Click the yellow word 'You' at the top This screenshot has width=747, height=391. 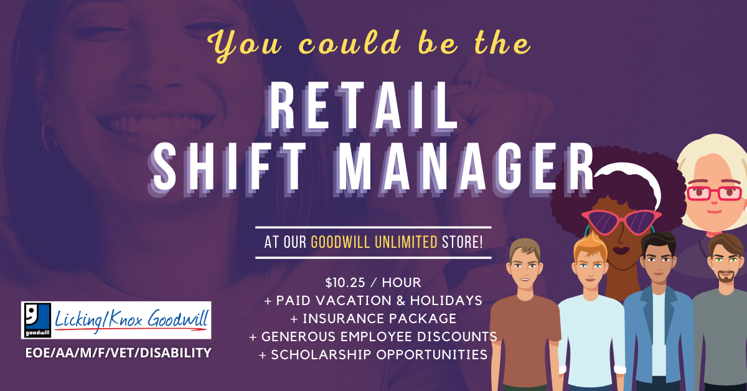coord(245,44)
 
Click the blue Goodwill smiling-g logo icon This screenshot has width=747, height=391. coord(37,320)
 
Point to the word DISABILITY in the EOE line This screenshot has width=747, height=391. coord(176,353)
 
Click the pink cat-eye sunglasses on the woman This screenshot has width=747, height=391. coord(621,221)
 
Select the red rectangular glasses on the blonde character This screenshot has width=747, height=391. coord(713,193)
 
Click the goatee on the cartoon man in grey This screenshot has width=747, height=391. coord(726,276)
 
